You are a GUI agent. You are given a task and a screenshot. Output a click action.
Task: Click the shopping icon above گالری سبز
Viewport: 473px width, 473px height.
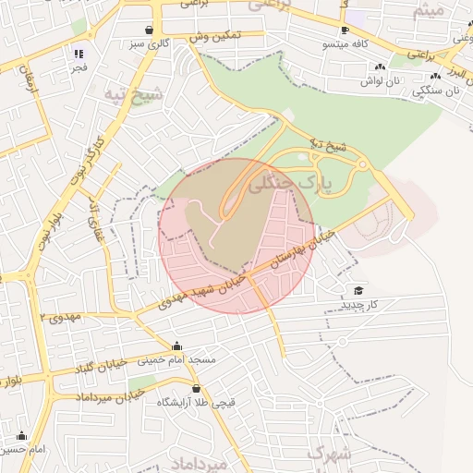(x=150, y=30)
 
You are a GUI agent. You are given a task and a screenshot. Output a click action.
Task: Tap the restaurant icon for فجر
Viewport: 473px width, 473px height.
(x=79, y=54)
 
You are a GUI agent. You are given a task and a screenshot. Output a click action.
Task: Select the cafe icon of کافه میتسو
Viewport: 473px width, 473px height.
(x=345, y=30)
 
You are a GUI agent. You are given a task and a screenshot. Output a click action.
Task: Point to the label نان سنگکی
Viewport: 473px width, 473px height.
(x=440, y=91)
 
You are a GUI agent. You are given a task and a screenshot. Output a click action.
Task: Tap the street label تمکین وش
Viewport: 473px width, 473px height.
(x=215, y=37)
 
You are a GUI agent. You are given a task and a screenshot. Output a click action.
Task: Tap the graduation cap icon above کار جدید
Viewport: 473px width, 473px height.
(x=358, y=290)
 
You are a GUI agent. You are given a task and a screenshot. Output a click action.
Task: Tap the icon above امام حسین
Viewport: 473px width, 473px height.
(x=21, y=436)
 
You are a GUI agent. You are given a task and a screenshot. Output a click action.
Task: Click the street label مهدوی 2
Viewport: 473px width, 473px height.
(x=61, y=317)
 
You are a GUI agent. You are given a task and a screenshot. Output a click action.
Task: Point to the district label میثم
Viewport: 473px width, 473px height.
(x=431, y=10)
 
